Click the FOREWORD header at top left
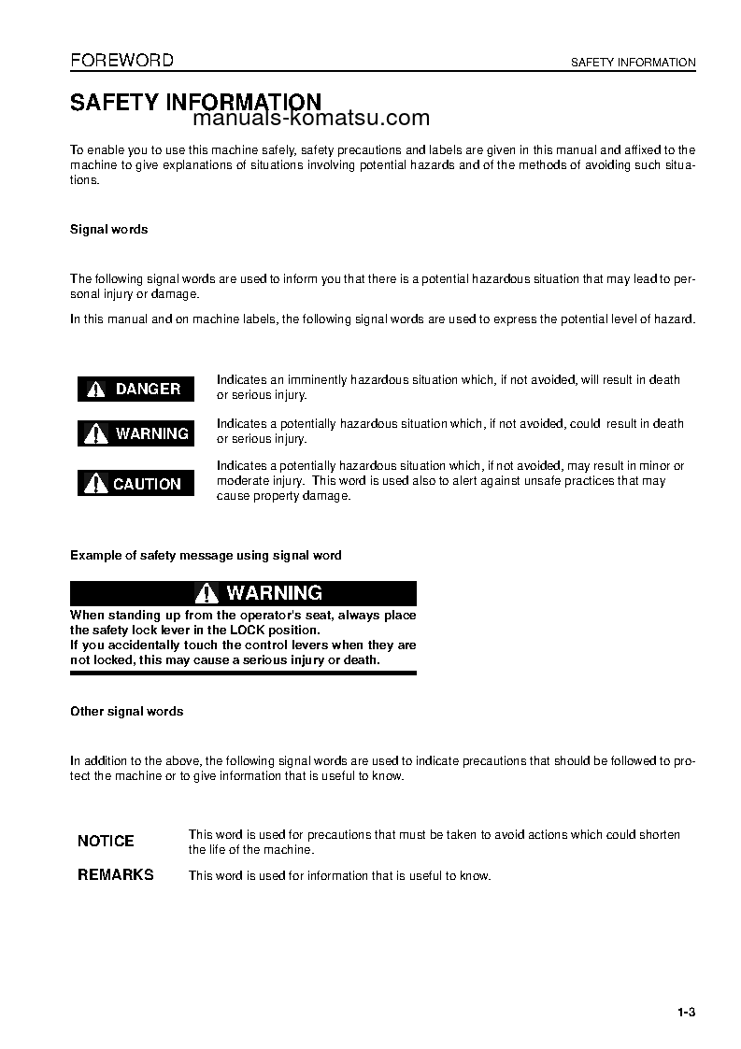click(121, 61)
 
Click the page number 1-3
click(687, 1014)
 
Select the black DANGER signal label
click(135, 389)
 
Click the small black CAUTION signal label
click(135, 484)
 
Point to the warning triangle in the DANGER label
click(96, 390)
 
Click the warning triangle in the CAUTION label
click(96, 484)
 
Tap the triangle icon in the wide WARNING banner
click(207, 593)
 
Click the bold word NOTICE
click(106, 841)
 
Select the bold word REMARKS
click(115, 875)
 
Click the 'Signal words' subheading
click(108, 230)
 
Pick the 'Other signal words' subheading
click(126, 712)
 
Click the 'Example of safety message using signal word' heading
click(206, 556)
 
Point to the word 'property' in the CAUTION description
click(273, 496)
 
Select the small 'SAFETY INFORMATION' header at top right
click(633, 63)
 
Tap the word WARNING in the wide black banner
click(274, 593)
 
